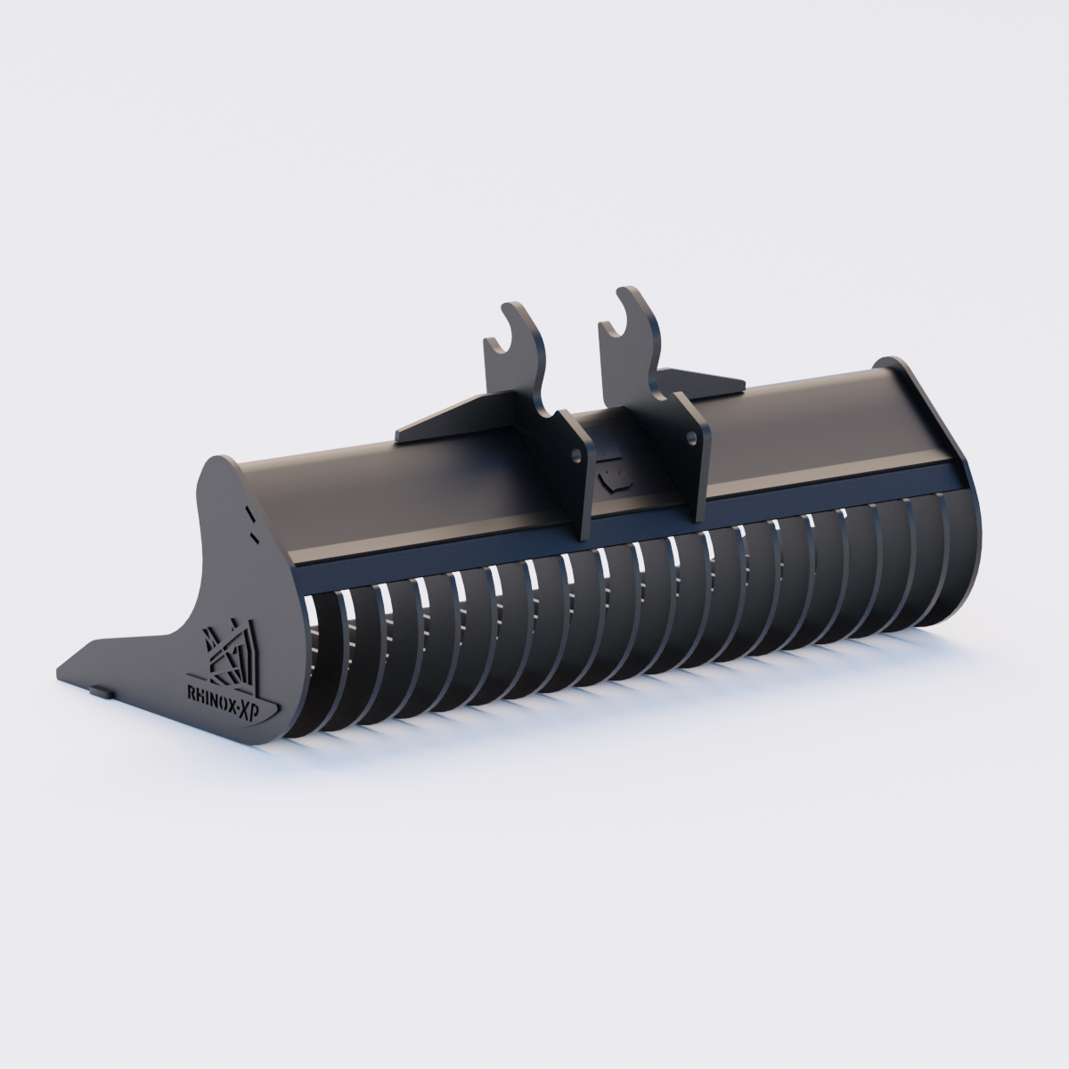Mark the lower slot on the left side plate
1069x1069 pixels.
pos(255,537)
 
